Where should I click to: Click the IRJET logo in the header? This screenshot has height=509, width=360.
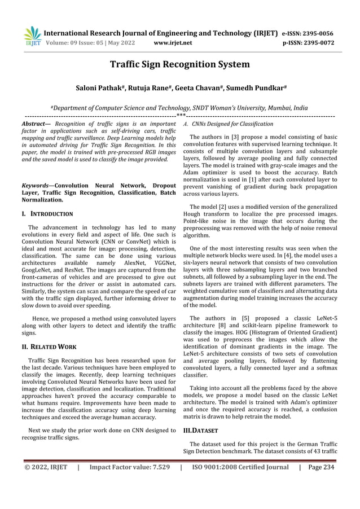point(32,36)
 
